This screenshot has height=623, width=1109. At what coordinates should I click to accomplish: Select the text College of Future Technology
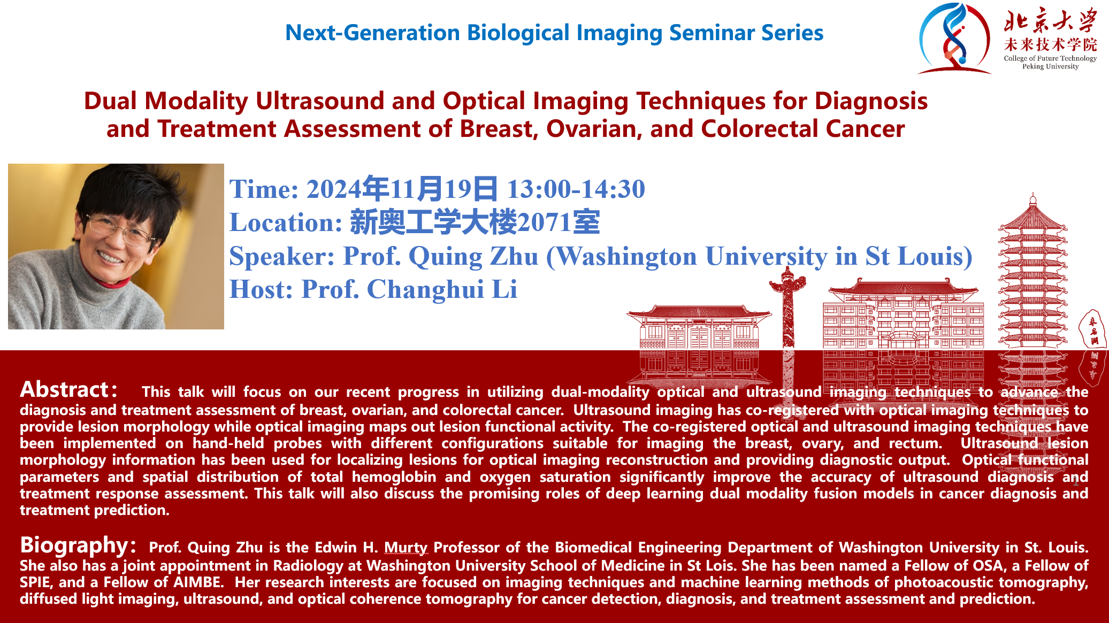tap(1050, 58)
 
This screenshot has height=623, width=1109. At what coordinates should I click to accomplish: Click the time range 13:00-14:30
tap(576, 189)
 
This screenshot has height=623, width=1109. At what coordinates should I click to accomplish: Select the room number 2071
tap(545, 222)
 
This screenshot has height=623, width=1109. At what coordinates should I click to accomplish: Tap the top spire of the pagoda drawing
tap(1033, 199)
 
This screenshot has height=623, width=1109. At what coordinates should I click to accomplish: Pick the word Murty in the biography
tap(406, 548)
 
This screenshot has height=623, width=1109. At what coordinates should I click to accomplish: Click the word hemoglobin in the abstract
tap(394, 477)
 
